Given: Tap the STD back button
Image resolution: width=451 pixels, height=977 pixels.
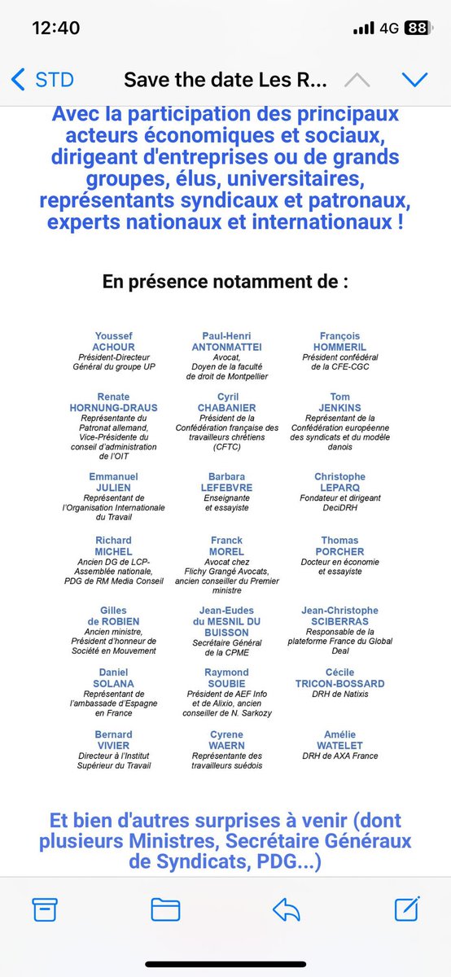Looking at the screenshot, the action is point(42,80).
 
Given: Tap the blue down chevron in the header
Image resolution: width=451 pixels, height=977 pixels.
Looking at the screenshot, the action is point(415,80).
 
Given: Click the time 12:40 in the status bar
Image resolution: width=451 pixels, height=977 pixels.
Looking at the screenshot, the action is point(55,28).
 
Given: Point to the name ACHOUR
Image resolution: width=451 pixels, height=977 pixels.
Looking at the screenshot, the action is point(113,346).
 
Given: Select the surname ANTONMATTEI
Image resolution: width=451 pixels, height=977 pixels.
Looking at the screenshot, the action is point(226,346).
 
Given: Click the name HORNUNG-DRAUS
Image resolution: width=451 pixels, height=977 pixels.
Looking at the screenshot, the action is point(113,407).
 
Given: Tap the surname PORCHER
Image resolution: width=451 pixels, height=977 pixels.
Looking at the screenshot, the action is point(340,551).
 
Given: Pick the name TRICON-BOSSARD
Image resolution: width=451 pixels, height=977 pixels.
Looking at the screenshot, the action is point(340,683).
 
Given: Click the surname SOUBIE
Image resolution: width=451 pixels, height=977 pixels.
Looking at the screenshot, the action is point(226,683).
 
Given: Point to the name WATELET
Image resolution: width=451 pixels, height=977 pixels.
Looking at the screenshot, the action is point(340,745).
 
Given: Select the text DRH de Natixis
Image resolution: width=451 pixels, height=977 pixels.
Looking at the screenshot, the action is point(340,694).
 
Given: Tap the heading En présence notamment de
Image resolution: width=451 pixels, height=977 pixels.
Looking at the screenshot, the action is point(225,282).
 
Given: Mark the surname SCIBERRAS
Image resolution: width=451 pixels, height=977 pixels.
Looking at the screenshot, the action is point(340,621).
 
